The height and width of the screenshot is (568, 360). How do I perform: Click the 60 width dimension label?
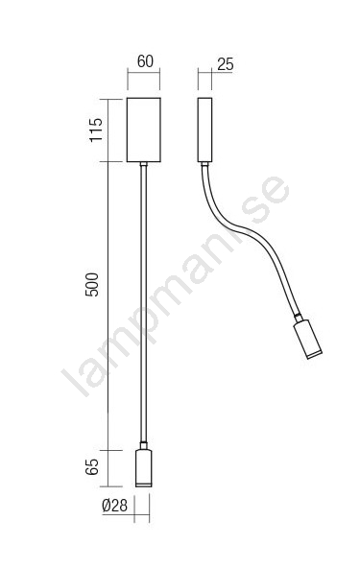[145, 61]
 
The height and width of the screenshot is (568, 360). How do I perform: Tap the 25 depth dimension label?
[226, 64]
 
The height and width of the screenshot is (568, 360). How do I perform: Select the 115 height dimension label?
[96, 130]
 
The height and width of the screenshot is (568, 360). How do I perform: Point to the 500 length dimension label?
[92, 285]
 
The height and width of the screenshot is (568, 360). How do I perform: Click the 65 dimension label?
[92, 467]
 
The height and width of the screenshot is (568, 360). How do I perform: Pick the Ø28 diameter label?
[115, 506]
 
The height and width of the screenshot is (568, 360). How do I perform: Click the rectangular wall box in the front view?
[144, 130]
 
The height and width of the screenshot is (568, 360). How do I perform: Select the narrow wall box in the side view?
[204, 130]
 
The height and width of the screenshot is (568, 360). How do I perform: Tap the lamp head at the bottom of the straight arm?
[144, 468]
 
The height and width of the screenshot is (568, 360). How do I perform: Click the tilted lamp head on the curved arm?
[307, 339]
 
